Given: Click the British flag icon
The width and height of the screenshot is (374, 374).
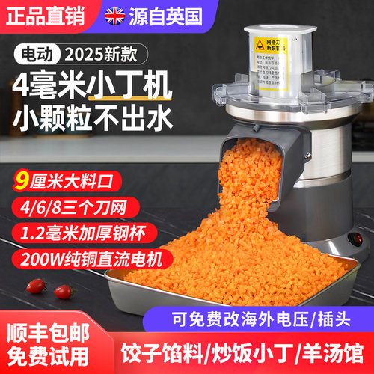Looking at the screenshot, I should click(x=116, y=14).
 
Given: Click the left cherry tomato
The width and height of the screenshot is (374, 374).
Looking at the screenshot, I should click(x=34, y=285).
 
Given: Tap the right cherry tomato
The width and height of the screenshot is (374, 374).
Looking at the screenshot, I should click(x=64, y=291).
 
